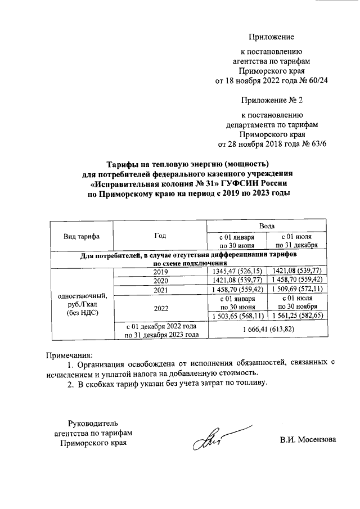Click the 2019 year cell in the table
coord(160,272)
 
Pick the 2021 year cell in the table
coord(160,290)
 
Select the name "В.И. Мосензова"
coord(308,439)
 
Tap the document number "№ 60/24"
coord(313,81)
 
